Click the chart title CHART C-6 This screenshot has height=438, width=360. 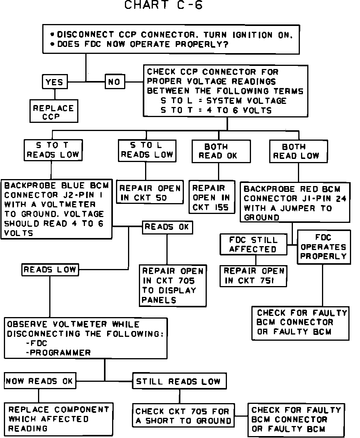tap(163, 5)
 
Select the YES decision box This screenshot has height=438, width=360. tap(54, 82)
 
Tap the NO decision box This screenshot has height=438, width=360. tap(114, 82)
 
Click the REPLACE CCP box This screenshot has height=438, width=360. tap(53, 112)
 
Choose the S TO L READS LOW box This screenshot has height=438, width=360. tap(147, 150)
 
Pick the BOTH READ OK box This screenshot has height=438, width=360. tap(218, 151)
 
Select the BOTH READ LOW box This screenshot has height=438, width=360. tap(298, 151)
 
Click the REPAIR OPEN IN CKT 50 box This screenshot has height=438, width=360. tap(150, 193)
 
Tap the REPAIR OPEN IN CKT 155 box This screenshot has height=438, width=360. tap(211, 197)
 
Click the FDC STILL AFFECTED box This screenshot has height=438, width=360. tap(253, 245)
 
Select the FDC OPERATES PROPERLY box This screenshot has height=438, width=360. tap(324, 247)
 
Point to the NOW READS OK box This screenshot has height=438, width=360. tap(39, 381)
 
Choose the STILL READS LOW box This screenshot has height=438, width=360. tap(179, 381)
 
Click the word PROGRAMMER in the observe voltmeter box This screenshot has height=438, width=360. tap(60, 352)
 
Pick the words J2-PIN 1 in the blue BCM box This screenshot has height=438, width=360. tap(81, 195)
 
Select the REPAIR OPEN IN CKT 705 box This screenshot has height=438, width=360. tap(173, 285)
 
